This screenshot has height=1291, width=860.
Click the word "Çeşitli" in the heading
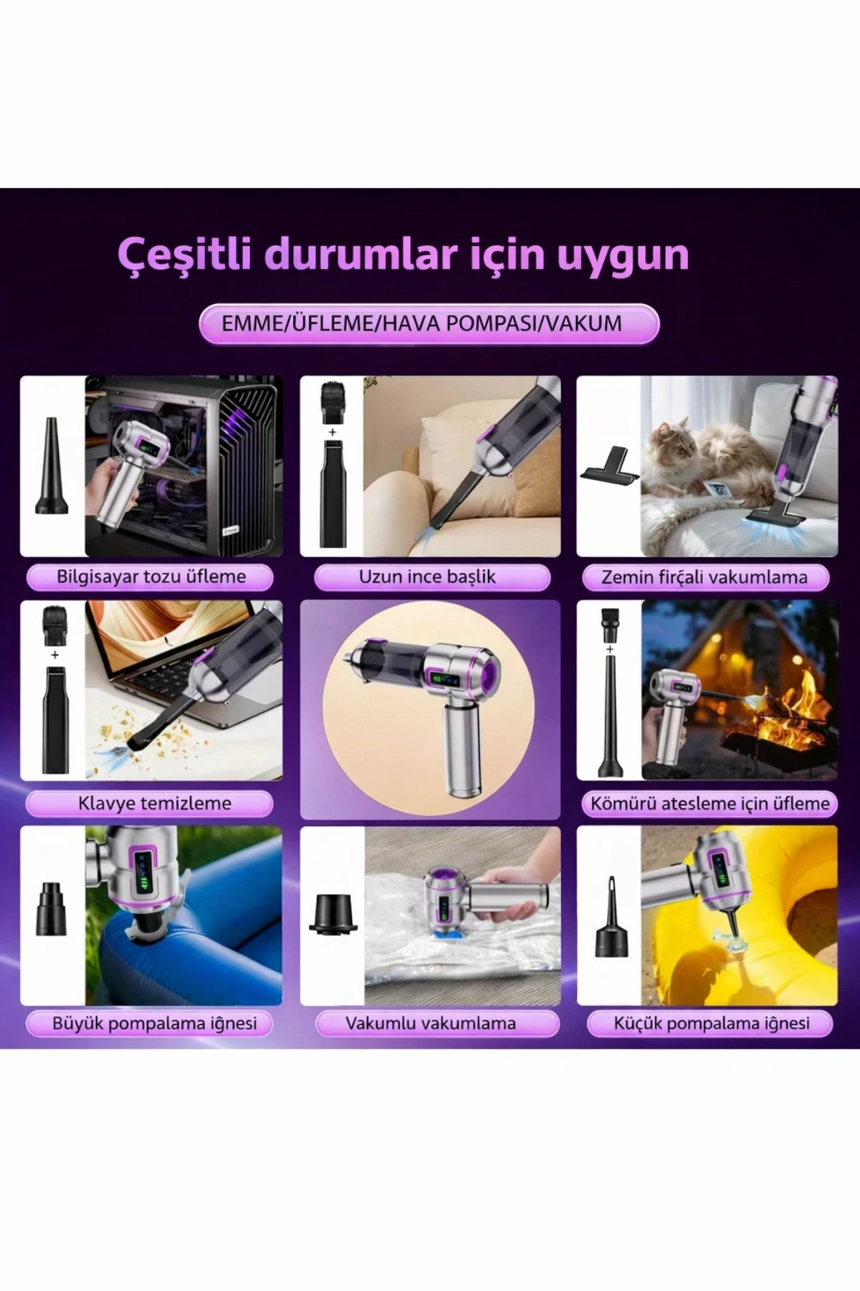point(184,255)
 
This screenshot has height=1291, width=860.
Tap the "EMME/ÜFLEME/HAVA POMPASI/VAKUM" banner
point(429,323)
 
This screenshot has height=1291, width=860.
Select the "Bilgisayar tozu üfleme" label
point(150,577)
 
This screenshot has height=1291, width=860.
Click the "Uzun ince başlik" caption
point(428,577)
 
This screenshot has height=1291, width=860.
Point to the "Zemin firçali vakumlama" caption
point(704,577)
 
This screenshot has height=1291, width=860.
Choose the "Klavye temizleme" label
point(154,803)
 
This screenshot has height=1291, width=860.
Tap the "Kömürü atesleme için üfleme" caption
point(709,803)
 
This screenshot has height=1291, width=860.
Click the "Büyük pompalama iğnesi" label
point(154,1023)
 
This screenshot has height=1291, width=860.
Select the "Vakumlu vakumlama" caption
point(430,1023)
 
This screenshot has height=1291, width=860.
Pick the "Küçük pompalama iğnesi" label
point(712,1023)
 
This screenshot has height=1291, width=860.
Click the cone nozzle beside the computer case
point(52,466)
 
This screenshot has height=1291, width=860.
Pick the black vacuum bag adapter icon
point(333,914)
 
